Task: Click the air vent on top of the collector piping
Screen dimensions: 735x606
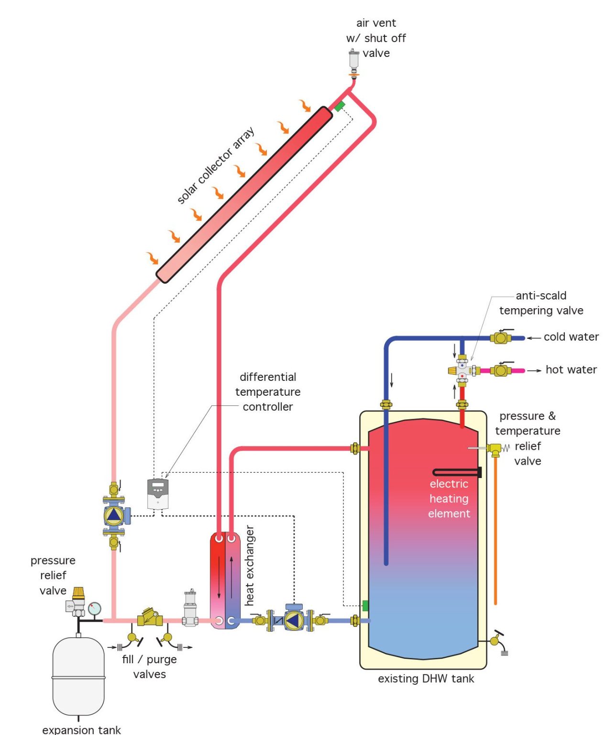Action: pos(354,61)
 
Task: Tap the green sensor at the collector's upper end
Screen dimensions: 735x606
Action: pos(340,106)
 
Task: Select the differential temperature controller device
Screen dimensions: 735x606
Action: pos(158,494)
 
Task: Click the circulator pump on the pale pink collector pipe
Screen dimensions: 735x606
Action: pos(114,515)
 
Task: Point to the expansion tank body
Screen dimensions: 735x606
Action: pos(78,676)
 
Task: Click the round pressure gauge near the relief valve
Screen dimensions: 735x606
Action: pos(95,609)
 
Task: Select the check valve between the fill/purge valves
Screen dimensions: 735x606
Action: pos(150,618)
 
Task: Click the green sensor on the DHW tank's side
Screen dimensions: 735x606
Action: pos(365,605)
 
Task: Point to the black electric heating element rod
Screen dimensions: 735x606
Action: pos(457,473)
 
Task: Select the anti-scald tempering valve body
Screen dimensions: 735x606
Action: pos(462,370)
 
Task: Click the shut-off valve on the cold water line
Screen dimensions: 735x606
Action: pos(501,338)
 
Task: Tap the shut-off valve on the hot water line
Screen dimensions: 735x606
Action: pos(501,370)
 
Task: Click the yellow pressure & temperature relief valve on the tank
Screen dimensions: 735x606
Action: pos(494,449)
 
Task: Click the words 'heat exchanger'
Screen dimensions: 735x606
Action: pos(250,566)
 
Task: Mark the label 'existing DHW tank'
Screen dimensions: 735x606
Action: pos(426,679)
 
